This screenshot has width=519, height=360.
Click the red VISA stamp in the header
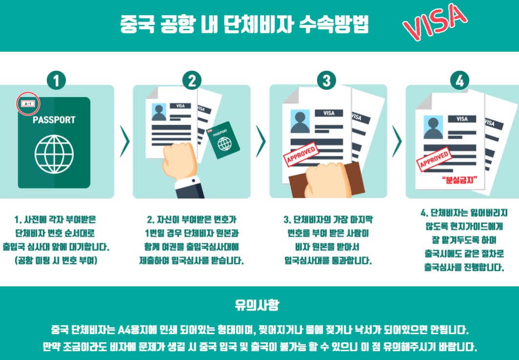(x=434, y=21)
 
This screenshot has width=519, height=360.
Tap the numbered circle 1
(x=56, y=81)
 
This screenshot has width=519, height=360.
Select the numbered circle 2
(x=192, y=81)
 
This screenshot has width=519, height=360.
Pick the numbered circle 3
(x=326, y=81)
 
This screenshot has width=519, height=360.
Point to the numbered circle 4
(x=460, y=81)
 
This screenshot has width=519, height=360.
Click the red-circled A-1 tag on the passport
(x=28, y=104)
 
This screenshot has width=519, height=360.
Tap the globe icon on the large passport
(x=54, y=154)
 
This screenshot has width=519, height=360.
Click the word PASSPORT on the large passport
(x=54, y=120)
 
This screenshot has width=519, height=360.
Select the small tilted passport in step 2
(x=223, y=140)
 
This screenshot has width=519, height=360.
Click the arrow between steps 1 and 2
(x=125, y=141)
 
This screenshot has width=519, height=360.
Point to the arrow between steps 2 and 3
(x=260, y=141)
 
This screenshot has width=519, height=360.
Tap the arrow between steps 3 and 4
(x=396, y=141)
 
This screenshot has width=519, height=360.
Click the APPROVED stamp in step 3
(x=301, y=154)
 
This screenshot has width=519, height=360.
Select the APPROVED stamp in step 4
(x=434, y=159)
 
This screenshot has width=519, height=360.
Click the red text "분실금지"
(x=459, y=180)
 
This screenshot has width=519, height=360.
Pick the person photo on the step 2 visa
(x=159, y=112)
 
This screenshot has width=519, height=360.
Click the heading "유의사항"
(x=257, y=305)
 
